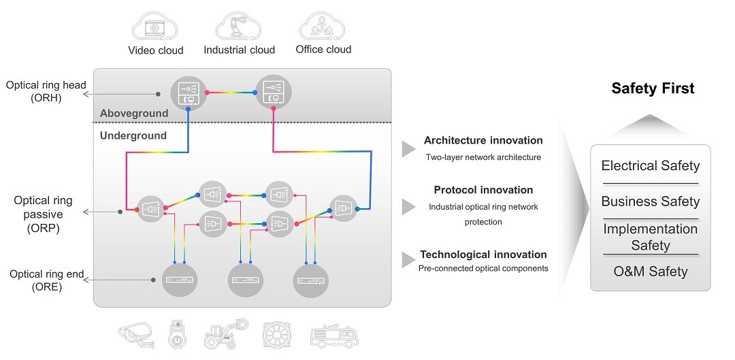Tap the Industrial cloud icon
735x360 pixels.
[238, 26]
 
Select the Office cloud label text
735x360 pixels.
[323, 49]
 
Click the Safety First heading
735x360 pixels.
[653, 88]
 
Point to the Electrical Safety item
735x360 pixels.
[650, 166]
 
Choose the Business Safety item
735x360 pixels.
[650, 201]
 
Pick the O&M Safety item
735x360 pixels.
[650, 272]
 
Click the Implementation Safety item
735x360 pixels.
[650, 237]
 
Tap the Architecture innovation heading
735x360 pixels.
[483, 140]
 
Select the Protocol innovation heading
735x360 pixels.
[483, 190]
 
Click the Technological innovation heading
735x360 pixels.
[483, 255]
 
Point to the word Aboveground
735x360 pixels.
[134, 113]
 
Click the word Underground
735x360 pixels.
[133, 135]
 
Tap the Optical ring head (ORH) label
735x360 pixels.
[46, 91]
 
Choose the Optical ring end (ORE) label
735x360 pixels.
[46, 280]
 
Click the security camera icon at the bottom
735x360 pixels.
[140, 334]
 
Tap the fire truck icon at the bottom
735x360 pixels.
[333, 335]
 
